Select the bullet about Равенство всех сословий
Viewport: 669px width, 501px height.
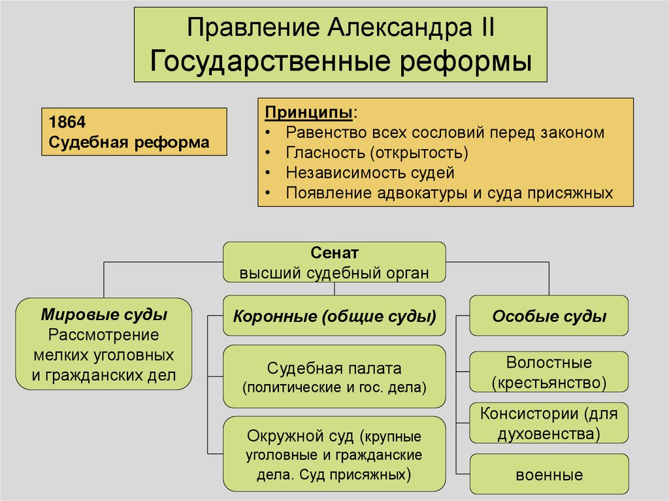point(444,132)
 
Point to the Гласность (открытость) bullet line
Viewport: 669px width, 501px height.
point(376,153)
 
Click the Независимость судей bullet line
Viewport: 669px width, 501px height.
point(369,173)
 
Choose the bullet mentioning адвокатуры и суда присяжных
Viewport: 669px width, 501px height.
point(449,193)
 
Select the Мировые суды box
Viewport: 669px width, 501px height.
point(104,343)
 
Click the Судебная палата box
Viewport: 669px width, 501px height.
point(334,378)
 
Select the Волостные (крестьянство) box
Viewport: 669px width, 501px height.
point(549,372)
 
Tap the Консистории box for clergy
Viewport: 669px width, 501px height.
point(549,423)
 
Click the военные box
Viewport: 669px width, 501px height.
point(549,474)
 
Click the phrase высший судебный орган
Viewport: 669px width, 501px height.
point(334,273)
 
